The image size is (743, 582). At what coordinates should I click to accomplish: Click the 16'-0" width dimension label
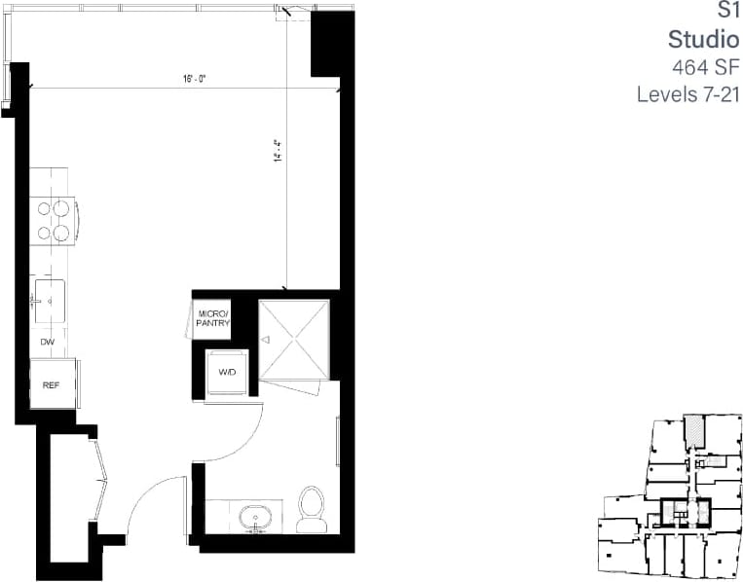click(196, 80)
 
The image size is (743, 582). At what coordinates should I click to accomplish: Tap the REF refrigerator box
click(52, 385)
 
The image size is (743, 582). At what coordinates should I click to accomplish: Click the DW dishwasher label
click(47, 342)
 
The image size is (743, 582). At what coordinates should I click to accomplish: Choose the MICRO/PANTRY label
click(213, 318)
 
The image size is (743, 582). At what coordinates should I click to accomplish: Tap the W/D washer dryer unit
click(228, 372)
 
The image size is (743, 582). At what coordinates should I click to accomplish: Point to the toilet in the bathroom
click(312, 510)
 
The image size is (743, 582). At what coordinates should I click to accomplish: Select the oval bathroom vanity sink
click(257, 516)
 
